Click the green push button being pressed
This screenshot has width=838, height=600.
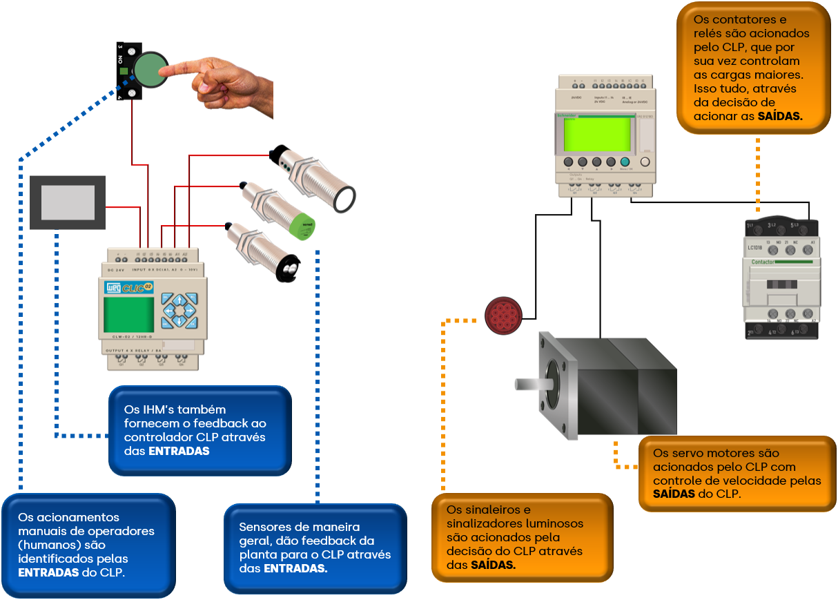149,70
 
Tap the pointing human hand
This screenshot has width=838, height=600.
228,82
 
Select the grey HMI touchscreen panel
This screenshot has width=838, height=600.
68,202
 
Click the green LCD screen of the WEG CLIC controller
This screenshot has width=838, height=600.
128,314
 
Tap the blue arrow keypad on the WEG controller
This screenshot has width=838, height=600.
179,311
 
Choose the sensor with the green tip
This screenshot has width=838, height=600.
302,226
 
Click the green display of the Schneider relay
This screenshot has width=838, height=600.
597,134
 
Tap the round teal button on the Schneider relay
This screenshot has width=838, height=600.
625,162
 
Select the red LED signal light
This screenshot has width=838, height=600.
503,316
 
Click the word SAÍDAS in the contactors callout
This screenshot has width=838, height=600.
780,117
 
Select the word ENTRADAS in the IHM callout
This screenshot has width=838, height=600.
179,451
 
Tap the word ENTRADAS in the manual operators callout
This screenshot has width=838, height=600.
48,572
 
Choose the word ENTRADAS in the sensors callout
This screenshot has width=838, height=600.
295,568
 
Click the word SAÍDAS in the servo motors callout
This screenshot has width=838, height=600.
674,494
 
